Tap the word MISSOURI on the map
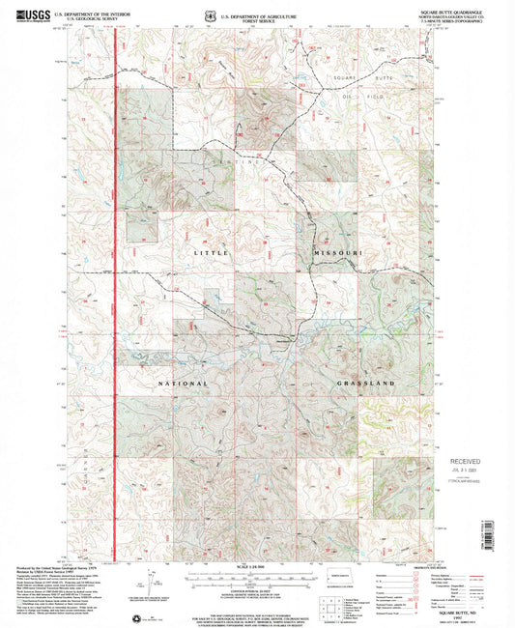pyautogui.click(x=336, y=252)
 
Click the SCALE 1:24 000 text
pyautogui.click(x=257, y=565)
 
